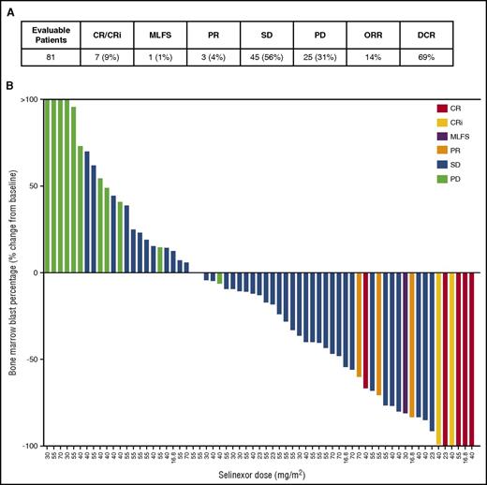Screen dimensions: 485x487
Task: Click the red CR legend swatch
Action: click(430, 109)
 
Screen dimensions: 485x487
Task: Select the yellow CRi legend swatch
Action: click(430, 122)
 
